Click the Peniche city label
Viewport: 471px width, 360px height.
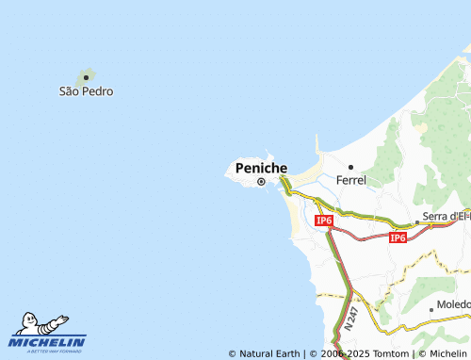pyautogui.click(x=261, y=168)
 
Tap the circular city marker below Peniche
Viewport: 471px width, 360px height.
pyautogui.click(x=261, y=183)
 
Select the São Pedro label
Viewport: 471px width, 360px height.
pyautogui.click(x=86, y=91)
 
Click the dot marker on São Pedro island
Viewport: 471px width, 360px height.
pyautogui.click(x=86, y=77)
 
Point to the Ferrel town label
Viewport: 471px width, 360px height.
pyautogui.click(x=350, y=180)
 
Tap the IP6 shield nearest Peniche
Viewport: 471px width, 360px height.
pyautogui.click(x=323, y=221)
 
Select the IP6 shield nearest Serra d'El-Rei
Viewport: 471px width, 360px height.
pyautogui.click(x=398, y=237)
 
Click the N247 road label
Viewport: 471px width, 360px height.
pyautogui.click(x=350, y=318)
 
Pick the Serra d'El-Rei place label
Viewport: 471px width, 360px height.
pyautogui.click(x=447, y=218)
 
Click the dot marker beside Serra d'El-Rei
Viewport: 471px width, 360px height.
pyautogui.click(x=416, y=222)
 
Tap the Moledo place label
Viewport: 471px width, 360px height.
pyautogui.click(x=453, y=307)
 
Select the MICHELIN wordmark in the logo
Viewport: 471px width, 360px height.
pyautogui.click(x=48, y=342)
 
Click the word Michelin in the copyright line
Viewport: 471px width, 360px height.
pyautogui.click(x=447, y=354)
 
